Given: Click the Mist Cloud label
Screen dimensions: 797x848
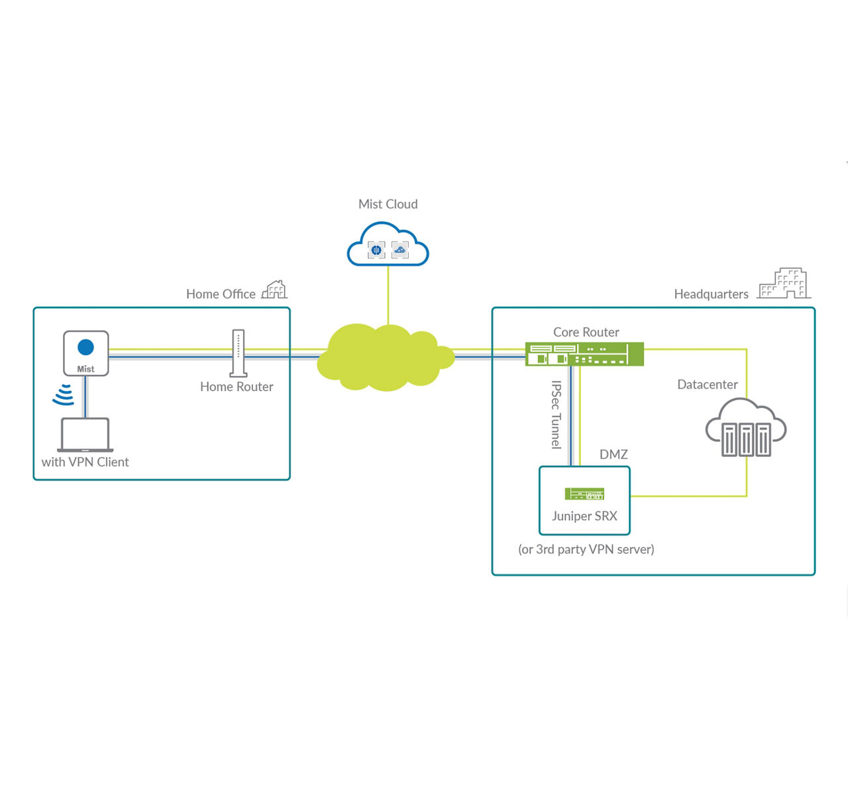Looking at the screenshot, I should pos(388,204).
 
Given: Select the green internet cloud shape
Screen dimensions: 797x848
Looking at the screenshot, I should pos(384,357).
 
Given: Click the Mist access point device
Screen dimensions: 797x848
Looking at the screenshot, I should pos(86,353).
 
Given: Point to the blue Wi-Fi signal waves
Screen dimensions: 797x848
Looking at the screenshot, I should pos(64,394).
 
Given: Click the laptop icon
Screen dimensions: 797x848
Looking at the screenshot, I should pos(85,435).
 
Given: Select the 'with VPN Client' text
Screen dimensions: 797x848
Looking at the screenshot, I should pos(85,462).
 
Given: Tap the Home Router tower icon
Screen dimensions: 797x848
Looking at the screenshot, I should pos(238,353).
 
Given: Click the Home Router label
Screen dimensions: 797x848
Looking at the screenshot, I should pos(237,387).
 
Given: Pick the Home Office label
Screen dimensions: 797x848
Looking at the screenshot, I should pos(221,294).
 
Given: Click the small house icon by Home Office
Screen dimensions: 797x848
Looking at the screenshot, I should pos(274,290).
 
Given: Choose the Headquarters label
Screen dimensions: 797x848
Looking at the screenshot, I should pos(711,294).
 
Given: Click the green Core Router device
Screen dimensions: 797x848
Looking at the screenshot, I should pos(584,354).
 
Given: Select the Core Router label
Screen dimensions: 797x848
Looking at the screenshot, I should pos(586,332).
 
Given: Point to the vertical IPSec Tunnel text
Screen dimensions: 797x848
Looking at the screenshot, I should pos(556,415).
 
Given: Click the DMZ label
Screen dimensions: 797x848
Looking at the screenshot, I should pos(613,454).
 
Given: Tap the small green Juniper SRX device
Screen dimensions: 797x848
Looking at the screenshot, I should pos(584,494).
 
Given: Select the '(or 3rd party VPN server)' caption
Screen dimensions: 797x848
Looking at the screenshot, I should pos(586,549).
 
